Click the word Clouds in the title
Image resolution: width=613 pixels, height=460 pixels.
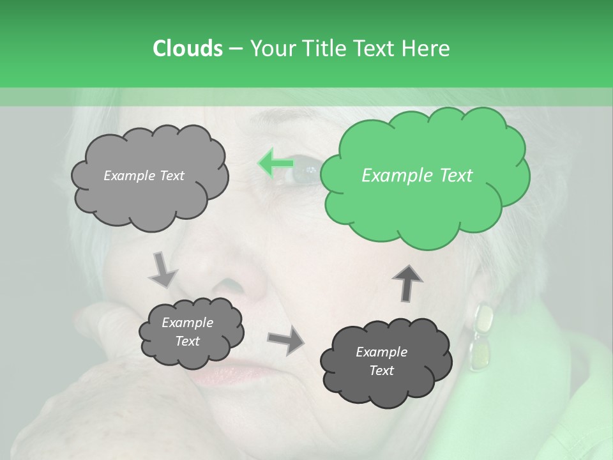click(187, 49)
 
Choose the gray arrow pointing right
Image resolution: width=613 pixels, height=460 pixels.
click(286, 339)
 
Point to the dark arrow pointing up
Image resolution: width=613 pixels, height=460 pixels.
click(407, 282)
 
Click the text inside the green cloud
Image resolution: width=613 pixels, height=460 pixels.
click(417, 176)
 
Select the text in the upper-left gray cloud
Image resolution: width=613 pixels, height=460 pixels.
click(144, 176)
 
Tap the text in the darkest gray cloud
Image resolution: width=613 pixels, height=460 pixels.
click(381, 361)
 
